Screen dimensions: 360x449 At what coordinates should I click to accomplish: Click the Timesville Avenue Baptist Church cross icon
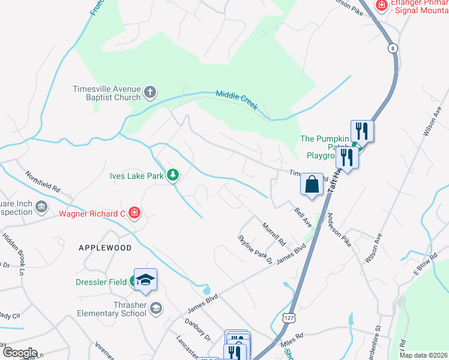coord(150,93)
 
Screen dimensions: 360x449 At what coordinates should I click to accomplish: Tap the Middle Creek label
coord(237,100)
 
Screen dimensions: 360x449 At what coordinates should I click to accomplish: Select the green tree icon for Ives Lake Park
coord(173,175)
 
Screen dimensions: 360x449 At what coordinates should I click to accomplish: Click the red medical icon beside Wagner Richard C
coord(134,213)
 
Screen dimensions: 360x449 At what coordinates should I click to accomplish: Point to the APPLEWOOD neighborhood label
coord(105,247)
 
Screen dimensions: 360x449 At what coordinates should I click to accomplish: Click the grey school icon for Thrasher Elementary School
coord(156,308)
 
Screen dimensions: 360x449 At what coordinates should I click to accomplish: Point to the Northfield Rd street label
coord(43,182)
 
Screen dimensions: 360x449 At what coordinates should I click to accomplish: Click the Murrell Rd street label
coord(273,234)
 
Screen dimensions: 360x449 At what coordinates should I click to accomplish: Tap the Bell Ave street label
coord(303,217)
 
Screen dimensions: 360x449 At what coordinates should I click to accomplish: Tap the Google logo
coord(19,352)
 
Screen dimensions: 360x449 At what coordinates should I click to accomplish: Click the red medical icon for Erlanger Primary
coord(381,5)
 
